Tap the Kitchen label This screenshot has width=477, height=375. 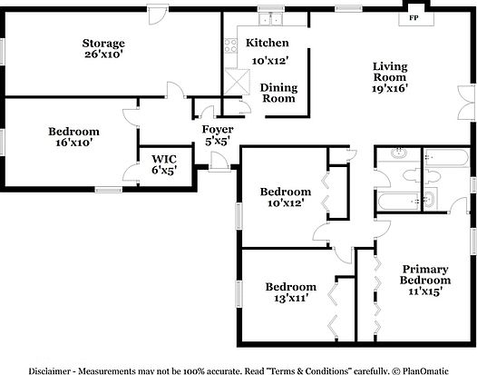268,43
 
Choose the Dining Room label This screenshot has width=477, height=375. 278,93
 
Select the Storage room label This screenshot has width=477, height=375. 103,43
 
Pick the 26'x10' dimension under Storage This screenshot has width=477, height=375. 103,54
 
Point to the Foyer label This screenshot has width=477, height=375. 217,130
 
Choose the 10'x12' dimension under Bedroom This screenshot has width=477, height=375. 285,203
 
